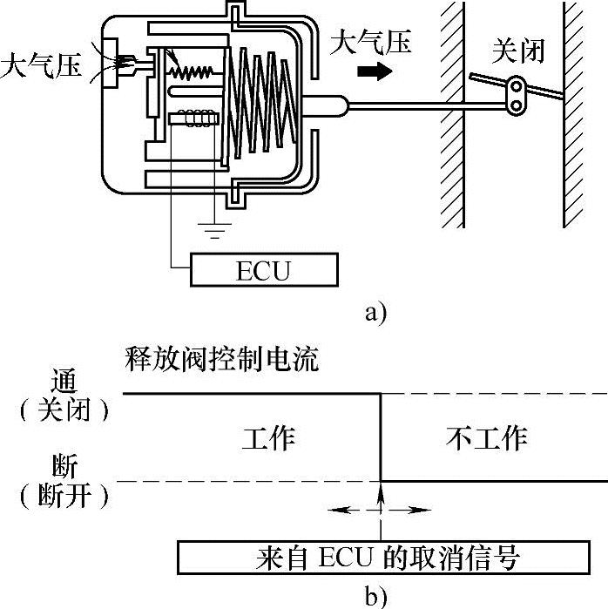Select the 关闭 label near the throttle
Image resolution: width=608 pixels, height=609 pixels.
coord(518,51)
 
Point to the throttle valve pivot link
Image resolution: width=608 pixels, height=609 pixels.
coord(517,95)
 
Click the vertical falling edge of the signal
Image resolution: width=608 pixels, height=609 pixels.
coord(381,436)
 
